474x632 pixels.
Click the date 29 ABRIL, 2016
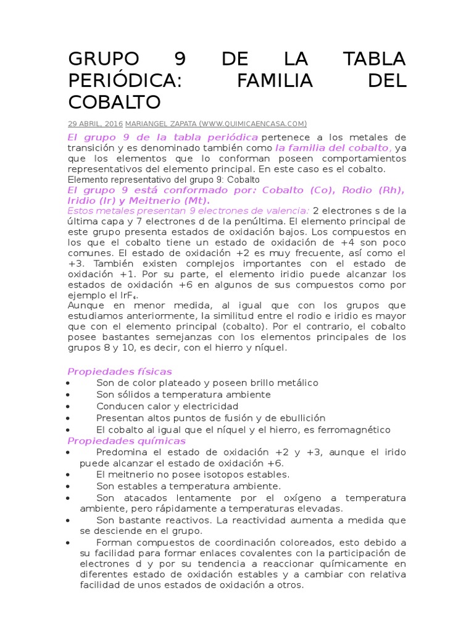point(96,123)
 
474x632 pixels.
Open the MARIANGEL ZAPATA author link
point(164,123)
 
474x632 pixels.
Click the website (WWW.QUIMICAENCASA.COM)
point(256,123)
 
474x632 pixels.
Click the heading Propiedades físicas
point(119,372)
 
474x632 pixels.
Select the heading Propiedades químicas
point(126,441)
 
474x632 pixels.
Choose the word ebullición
point(301,418)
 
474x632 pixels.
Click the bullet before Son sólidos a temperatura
point(67,395)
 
